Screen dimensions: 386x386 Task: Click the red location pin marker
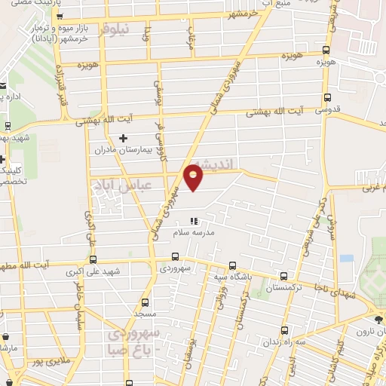point(193,177)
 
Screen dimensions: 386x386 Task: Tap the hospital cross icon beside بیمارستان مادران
point(124,138)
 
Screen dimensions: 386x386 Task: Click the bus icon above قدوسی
point(326,96)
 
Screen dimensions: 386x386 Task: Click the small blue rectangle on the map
point(346,258)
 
